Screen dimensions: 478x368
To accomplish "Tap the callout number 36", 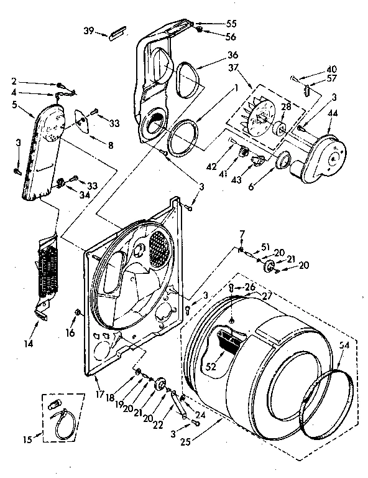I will click(x=215, y=54).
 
